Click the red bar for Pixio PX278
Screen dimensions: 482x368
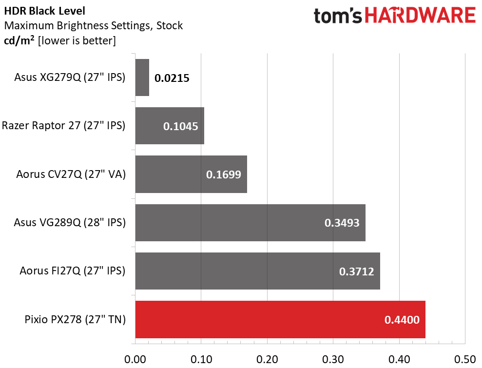point(280,319)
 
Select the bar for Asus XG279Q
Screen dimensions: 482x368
point(142,77)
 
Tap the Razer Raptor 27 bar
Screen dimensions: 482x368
point(170,126)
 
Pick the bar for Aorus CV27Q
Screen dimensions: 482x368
point(191,174)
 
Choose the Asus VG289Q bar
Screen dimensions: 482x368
point(251,223)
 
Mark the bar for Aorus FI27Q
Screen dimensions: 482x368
point(258,271)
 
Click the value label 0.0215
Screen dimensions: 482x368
point(172,78)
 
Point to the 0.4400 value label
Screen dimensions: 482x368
point(402,320)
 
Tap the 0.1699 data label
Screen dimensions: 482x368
point(224,174)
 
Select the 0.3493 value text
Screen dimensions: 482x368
point(342,223)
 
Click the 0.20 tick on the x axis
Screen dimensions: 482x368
point(267,359)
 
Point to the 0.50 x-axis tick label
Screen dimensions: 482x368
point(465,359)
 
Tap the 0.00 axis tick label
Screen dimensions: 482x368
point(135,359)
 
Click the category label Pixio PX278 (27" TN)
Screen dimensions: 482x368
point(75,319)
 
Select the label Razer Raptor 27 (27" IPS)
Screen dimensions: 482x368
point(64,126)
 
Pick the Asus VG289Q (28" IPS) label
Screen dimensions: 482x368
point(70,223)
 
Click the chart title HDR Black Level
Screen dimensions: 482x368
point(44,11)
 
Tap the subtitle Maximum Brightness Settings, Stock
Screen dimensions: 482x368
point(94,25)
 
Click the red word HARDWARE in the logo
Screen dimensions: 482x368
point(420,16)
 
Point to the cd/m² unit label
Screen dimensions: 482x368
point(19,40)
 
